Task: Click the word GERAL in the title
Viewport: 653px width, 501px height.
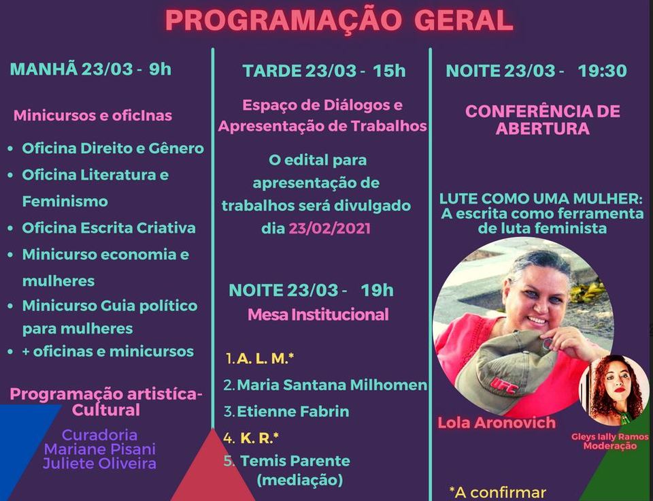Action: [x=463, y=20]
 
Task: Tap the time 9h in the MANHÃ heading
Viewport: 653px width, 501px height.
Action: [x=161, y=69]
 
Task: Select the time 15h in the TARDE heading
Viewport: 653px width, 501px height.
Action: [x=389, y=71]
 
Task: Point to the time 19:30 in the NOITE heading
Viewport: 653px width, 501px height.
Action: [x=602, y=71]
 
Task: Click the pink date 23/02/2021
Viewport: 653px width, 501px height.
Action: [x=329, y=229]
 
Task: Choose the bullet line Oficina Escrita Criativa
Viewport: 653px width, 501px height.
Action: [x=109, y=228]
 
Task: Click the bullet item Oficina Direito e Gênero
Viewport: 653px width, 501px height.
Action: [x=113, y=148]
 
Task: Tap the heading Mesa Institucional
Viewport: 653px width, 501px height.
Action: [x=318, y=314]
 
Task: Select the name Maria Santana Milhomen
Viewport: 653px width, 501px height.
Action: [x=332, y=385]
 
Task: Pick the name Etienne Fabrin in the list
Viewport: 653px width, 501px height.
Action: [x=292, y=411]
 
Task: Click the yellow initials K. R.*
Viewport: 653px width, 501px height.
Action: [x=259, y=438]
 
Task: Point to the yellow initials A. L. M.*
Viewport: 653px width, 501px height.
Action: [x=265, y=359]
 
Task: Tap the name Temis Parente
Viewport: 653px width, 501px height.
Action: [x=295, y=461]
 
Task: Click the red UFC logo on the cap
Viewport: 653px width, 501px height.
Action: [x=504, y=385]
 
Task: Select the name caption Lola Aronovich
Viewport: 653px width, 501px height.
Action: [x=497, y=423]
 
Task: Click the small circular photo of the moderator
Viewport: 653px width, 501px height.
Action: [x=614, y=391]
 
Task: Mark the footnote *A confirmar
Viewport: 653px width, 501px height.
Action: [x=497, y=492]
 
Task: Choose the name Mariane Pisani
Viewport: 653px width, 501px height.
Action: [x=100, y=449]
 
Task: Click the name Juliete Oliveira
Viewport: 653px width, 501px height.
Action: [x=99, y=464]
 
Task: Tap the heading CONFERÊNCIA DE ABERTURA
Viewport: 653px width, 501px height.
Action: [x=543, y=120]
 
